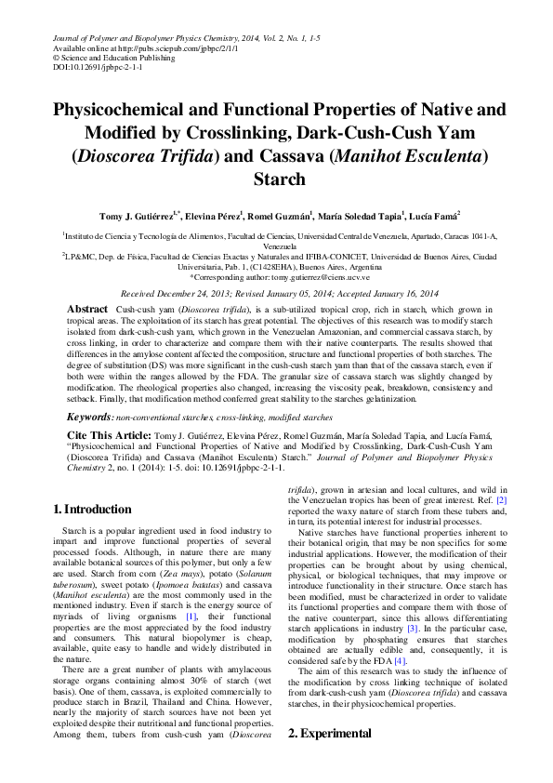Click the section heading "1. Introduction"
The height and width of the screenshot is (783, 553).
[92, 510]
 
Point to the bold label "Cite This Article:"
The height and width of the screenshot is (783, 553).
[108, 435]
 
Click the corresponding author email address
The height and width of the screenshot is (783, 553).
[320, 277]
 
